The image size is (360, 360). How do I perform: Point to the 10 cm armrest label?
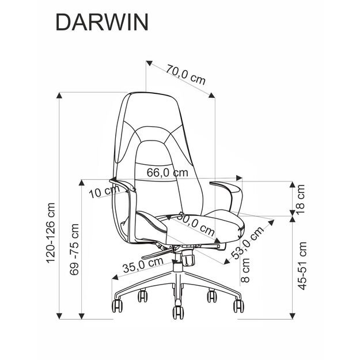[101, 192]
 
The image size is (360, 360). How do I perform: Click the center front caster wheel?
[177, 312]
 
